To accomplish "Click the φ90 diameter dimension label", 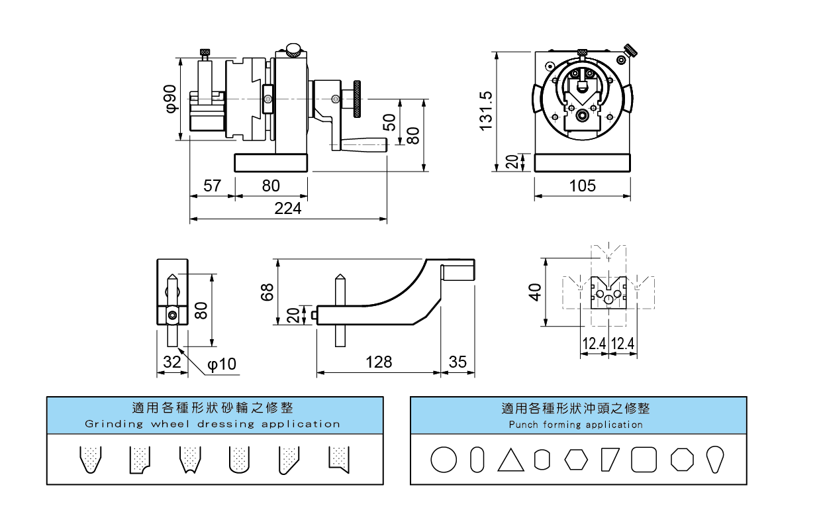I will pyautogui.click(x=170, y=98).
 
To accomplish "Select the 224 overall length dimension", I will pyautogui.click(x=288, y=208).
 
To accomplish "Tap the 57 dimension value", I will pyautogui.click(x=212, y=186).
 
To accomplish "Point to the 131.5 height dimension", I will pyautogui.click(x=487, y=110).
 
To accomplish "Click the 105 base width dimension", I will pyautogui.click(x=583, y=186).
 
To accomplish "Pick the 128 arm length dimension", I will pyautogui.click(x=379, y=362).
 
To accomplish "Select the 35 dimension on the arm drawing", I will pyautogui.click(x=458, y=362).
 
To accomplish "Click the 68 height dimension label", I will pyautogui.click(x=267, y=292).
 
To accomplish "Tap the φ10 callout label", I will pyautogui.click(x=221, y=364).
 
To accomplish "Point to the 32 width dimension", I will pyautogui.click(x=172, y=362).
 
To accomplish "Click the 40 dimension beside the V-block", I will pyautogui.click(x=536, y=291).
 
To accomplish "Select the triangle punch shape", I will pyautogui.click(x=510, y=460).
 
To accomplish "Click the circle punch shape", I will pyautogui.click(x=444, y=459).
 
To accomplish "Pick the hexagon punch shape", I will pyautogui.click(x=576, y=460).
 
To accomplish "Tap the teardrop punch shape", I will pyautogui.click(x=714, y=459).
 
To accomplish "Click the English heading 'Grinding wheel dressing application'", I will pyautogui.click(x=213, y=424).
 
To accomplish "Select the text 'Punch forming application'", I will pyautogui.click(x=576, y=425).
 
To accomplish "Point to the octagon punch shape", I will pyautogui.click(x=681, y=459).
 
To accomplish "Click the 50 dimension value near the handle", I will pyautogui.click(x=389, y=122).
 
